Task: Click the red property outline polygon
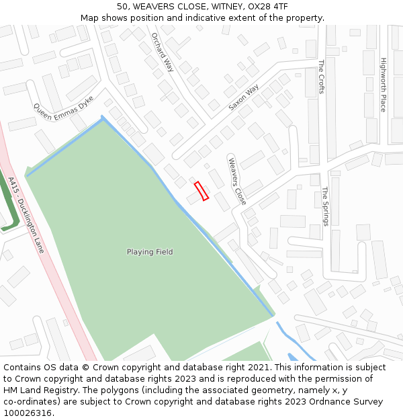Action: [201, 191]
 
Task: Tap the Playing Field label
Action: [150, 252]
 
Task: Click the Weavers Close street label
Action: [237, 181]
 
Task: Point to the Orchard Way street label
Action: [163, 52]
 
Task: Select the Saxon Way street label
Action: [243, 97]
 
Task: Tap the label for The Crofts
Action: [322, 77]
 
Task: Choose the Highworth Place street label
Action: [384, 84]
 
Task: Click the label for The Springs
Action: [326, 206]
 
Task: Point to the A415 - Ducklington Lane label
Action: [26, 215]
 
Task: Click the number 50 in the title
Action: [122, 7]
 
